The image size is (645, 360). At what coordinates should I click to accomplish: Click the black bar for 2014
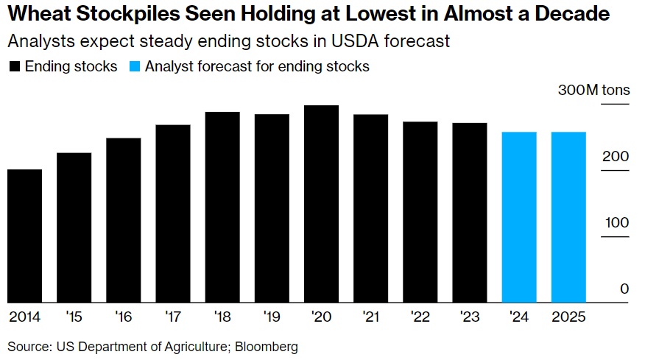(x=24, y=236)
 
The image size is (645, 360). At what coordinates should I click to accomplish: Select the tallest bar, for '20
(x=321, y=204)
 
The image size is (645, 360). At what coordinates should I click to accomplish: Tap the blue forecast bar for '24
(x=519, y=217)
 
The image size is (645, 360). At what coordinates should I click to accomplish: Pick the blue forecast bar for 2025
(x=568, y=217)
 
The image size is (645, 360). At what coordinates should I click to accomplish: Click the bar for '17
(x=173, y=213)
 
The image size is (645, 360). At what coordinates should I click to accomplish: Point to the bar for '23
(x=470, y=213)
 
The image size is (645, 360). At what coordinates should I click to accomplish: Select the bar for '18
(x=222, y=207)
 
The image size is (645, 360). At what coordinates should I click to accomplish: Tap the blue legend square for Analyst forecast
(x=135, y=67)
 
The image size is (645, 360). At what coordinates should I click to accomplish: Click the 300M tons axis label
(x=593, y=91)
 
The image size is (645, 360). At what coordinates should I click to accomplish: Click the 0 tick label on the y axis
(x=624, y=289)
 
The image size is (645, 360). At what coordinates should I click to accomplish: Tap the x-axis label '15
(x=74, y=317)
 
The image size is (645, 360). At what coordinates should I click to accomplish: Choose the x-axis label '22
(x=420, y=317)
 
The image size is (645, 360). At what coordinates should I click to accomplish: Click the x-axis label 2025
(x=568, y=317)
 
